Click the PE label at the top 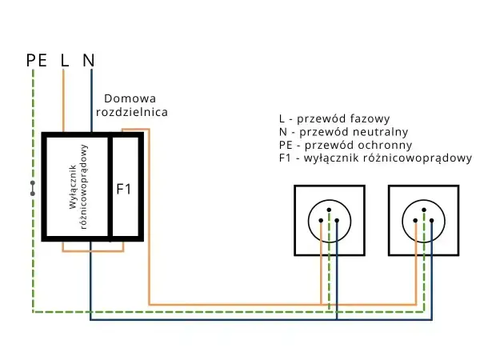tap(37, 60)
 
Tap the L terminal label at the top tap(64, 60)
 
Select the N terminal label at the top tap(89, 60)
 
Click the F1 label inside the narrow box tap(124, 189)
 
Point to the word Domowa tap(130, 98)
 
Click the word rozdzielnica tap(132, 112)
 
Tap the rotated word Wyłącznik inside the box tap(73, 186)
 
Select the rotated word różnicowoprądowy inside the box tap(83, 186)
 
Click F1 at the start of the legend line tap(285, 158)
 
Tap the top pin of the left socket tap(329, 210)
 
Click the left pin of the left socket tap(321, 221)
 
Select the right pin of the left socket tap(337, 221)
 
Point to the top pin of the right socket tap(424, 210)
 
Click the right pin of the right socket tap(432, 221)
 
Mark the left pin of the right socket tap(415, 221)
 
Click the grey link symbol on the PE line tap(33, 188)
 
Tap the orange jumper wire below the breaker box tap(93, 251)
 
